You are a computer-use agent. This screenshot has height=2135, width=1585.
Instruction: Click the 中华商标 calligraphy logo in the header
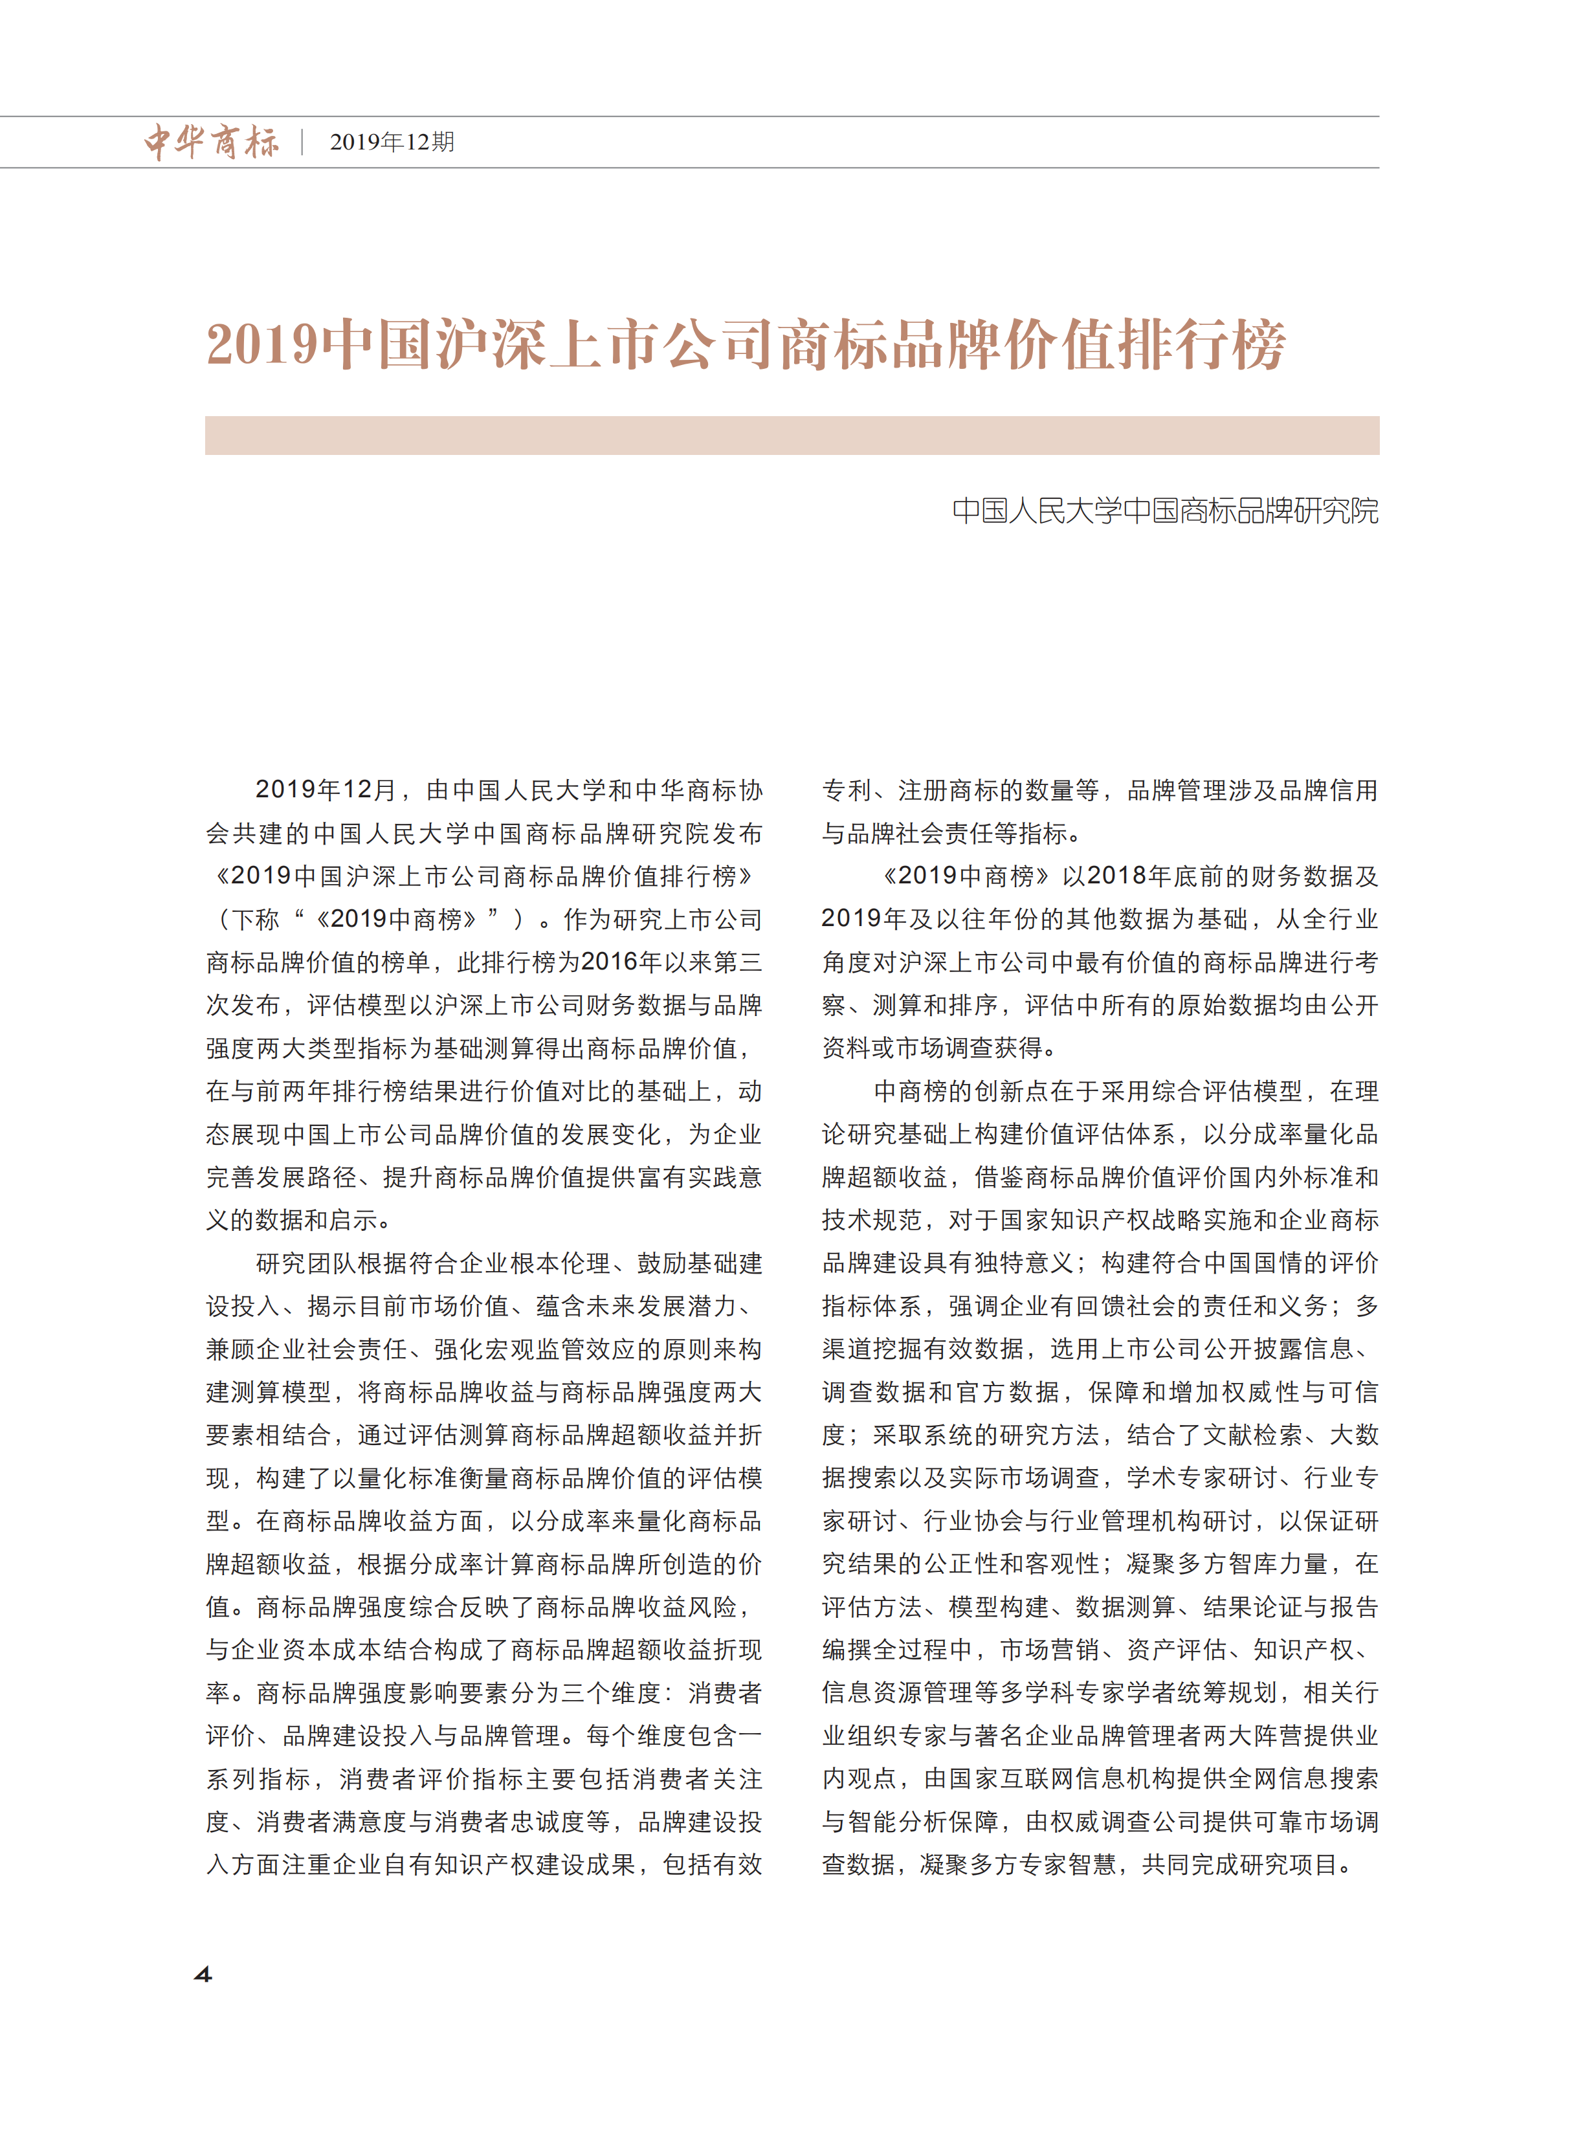pos(211,142)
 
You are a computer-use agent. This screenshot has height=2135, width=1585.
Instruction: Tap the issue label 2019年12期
pos(392,142)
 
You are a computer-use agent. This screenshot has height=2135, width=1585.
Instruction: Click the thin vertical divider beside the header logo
pos(302,142)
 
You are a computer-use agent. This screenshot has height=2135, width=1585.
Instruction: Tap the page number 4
pos(203,1974)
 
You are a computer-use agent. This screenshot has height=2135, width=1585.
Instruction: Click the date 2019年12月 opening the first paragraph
pos(326,790)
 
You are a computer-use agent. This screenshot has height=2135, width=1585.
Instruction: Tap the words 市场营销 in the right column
pos(1050,1650)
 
